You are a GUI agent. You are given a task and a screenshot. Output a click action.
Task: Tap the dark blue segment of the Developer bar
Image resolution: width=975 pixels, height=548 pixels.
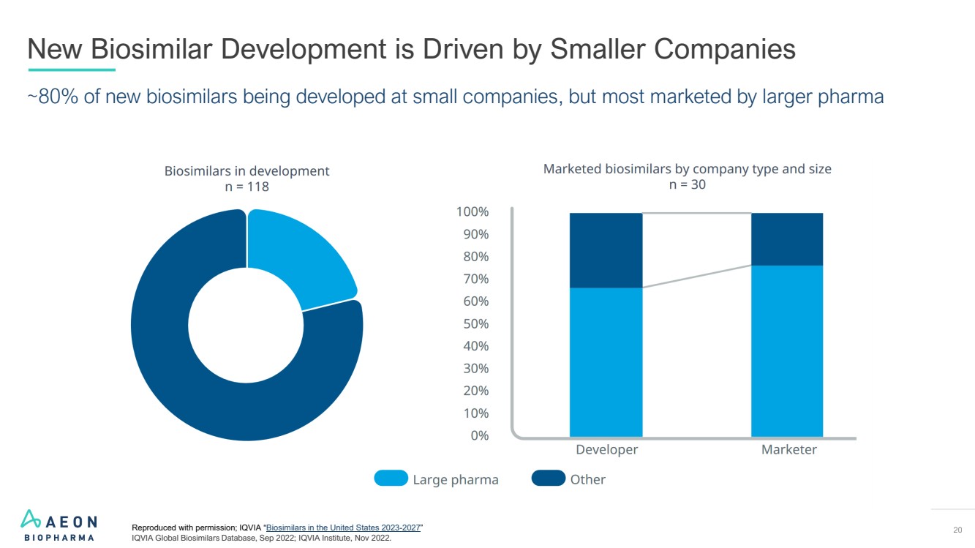point(606,249)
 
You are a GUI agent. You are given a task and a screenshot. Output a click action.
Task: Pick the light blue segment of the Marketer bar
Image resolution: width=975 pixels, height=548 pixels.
point(787,351)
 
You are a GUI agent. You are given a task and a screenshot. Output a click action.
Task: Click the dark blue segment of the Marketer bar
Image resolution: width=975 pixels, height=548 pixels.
point(787,239)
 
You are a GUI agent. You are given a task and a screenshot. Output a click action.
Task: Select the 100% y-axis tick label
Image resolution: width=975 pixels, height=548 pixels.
point(472,212)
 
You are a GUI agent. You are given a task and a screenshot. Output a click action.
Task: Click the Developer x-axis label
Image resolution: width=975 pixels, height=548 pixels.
point(607,450)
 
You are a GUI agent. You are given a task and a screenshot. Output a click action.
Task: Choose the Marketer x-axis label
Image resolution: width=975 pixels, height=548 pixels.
point(788,450)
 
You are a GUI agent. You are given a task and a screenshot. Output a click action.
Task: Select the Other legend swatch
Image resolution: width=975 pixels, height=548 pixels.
point(548,478)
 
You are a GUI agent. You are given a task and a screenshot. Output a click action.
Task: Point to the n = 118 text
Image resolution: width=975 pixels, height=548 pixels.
point(246,187)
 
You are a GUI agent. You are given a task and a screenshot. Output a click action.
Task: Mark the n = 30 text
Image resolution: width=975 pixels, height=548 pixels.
point(687,184)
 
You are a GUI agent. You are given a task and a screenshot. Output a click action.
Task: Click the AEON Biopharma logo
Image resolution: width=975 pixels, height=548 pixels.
point(59,525)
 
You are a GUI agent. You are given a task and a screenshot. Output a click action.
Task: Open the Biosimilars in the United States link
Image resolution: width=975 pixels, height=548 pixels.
point(343,528)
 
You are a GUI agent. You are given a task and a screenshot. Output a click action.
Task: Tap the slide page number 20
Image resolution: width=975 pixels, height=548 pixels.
point(957,530)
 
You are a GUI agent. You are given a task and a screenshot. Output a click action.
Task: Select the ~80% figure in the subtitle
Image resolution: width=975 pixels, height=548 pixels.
point(53,97)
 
